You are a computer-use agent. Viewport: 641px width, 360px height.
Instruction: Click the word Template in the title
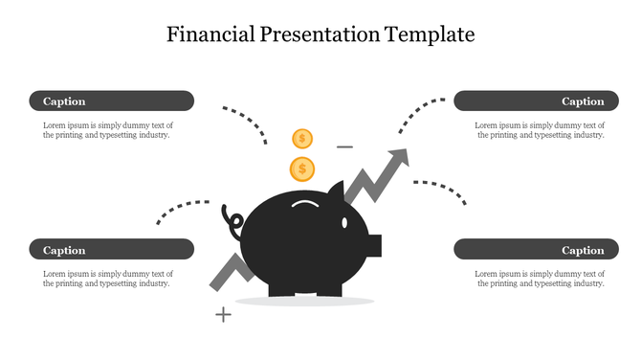(x=430, y=34)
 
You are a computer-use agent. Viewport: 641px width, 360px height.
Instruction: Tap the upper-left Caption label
(x=64, y=101)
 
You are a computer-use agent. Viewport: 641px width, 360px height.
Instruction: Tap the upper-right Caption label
(x=583, y=101)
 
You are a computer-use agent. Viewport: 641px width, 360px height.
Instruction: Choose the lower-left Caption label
(x=64, y=250)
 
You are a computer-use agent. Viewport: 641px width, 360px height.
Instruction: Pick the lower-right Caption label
(x=583, y=250)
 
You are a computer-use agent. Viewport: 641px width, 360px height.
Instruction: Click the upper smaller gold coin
(x=302, y=139)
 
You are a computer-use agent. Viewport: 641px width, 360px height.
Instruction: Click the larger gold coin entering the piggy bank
(x=302, y=169)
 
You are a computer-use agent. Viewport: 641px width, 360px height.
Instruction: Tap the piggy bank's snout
(x=374, y=245)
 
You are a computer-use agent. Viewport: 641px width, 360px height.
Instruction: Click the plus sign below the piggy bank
(x=223, y=313)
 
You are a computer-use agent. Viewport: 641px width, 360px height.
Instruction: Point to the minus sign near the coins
(x=344, y=146)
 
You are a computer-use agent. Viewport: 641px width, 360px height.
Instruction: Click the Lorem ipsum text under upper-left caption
(x=107, y=130)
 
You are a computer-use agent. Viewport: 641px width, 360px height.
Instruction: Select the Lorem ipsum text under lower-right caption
(x=540, y=279)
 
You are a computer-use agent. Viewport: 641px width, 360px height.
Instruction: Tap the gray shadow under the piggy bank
(x=304, y=302)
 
